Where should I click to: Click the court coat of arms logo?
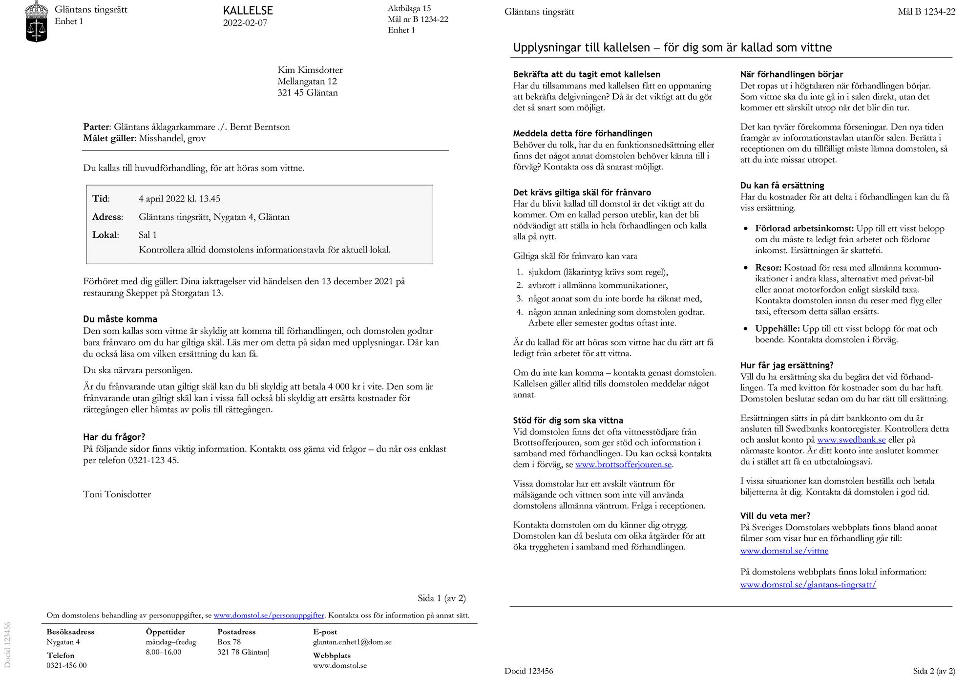[37, 21]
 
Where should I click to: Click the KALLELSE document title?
[248, 10]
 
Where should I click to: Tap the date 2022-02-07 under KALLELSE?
[245, 23]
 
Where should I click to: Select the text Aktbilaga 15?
[409, 8]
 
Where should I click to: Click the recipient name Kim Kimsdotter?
[310, 70]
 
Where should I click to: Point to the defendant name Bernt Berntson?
[260, 127]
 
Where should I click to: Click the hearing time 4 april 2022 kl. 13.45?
[179, 199]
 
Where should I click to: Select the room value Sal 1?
[147, 235]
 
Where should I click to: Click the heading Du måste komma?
[120, 319]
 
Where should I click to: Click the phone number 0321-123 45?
[153, 460]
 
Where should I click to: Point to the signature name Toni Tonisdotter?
[117, 494]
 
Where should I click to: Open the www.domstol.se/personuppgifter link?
[269, 615]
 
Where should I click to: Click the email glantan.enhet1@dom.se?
[352, 642]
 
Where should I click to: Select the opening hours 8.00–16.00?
[163, 652]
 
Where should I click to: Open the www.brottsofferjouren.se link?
[623, 465]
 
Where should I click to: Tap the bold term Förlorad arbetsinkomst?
[804, 229]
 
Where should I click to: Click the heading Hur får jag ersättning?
[787, 365]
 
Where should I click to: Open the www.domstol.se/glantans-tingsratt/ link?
[808, 585]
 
